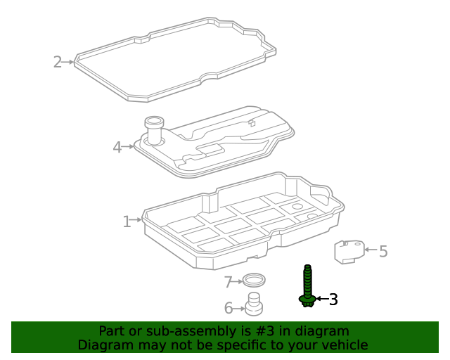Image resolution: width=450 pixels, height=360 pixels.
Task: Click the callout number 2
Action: (x=58, y=62)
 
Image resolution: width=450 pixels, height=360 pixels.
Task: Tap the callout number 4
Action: (x=117, y=147)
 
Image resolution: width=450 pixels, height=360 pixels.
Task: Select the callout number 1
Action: (x=127, y=221)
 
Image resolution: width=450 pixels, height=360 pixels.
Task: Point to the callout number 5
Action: (x=383, y=251)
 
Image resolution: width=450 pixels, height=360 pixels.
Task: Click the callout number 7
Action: (x=228, y=282)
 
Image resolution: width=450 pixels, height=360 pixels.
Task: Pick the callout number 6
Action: (x=229, y=308)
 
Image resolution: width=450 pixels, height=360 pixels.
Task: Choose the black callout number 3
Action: (x=333, y=300)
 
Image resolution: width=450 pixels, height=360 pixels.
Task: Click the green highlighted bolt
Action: (x=307, y=285)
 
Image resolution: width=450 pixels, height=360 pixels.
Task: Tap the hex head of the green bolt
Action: (x=307, y=301)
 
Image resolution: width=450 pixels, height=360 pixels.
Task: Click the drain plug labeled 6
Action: (x=254, y=304)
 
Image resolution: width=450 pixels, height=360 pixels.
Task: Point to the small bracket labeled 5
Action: (x=349, y=252)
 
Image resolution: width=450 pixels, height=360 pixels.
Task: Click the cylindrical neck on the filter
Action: (x=154, y=129)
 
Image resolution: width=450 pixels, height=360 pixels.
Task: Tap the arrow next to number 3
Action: (x=322, y=299)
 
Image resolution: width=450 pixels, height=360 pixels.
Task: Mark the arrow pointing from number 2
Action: (x=67, y=62)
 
